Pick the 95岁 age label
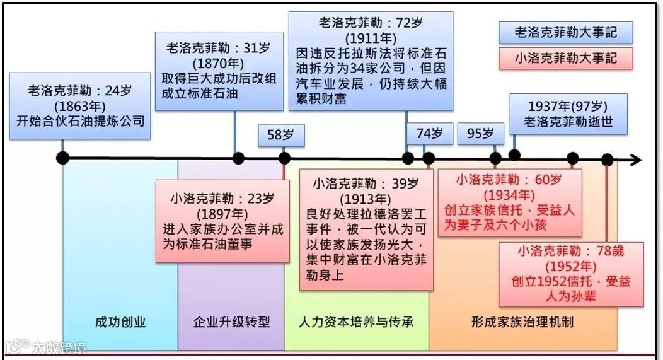click(x=480, y=134)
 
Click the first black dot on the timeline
click(x=62, y=158)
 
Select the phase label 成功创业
click(x=120, y=322)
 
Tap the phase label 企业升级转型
click(x=231, y=322)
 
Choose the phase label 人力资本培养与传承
click(x=356, y=322)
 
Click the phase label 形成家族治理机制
click(x=522, y=322)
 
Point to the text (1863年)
click(x=80, y=105)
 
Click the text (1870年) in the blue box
click(x=219, y=64)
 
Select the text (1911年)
click(x=370, y=37)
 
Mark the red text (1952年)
click(x=571, y=265)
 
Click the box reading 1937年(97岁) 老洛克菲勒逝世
click(x=568, y=114)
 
